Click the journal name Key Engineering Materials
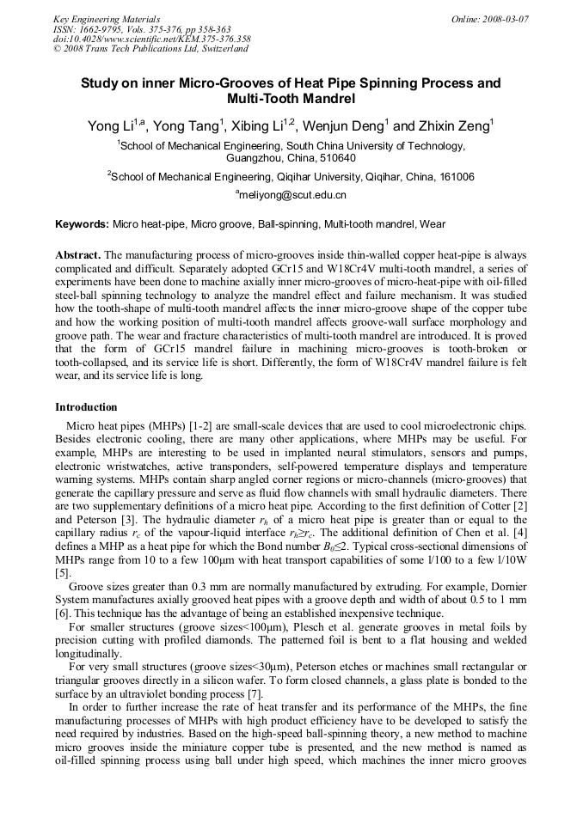pos(106,18)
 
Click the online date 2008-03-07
pos(502,18)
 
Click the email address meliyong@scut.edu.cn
pos(292,195)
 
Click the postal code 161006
pos(453,177)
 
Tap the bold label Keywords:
pos(83,224)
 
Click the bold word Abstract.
pos(78,256)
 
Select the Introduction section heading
pos(86,406)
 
